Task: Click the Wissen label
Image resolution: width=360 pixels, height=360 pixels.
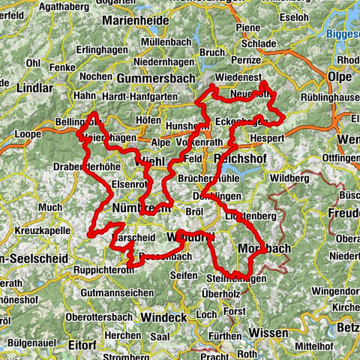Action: pos(266,331)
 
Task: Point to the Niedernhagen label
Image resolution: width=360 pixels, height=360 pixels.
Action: pos(166,52)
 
